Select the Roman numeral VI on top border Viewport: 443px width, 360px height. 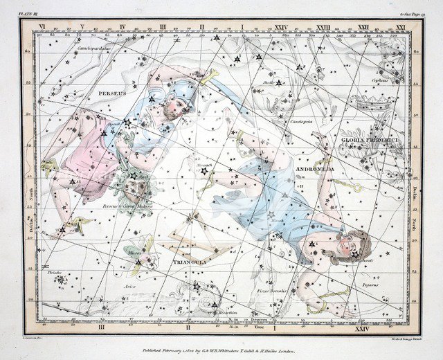point(42,27)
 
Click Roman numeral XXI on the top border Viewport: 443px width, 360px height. point(401,27)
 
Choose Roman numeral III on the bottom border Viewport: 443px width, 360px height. point(102,325)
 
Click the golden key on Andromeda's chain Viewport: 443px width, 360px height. point(350,186)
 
